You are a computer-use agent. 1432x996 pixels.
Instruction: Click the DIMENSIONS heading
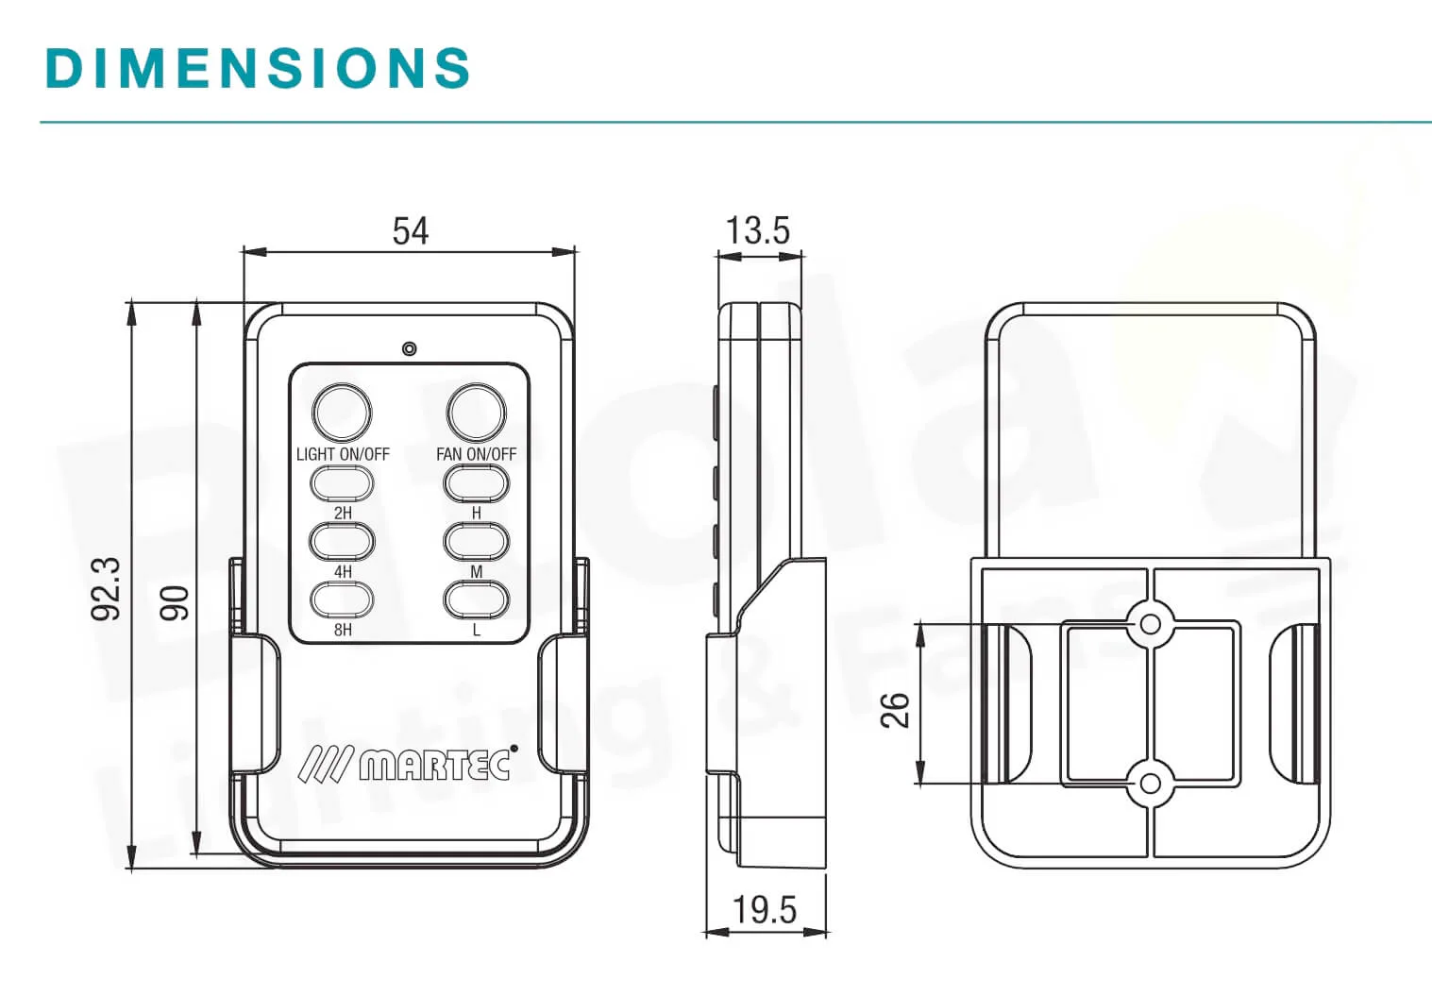pos(258,67)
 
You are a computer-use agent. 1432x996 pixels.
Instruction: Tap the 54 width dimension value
pos(411,230)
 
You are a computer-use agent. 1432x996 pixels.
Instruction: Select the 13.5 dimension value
pos(758,230)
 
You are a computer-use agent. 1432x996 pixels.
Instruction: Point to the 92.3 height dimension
pos(106,589)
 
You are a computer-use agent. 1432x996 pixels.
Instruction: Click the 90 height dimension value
pos(175,603)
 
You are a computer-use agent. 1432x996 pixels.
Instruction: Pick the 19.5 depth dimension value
pos(765,910)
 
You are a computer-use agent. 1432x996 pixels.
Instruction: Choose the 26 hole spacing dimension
pos(895,710)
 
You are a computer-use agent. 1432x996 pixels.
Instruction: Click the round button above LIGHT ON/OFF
pos(342,413)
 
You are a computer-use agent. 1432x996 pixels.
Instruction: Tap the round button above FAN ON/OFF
pos(477,413)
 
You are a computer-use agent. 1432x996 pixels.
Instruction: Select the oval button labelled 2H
pos(342,484)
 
